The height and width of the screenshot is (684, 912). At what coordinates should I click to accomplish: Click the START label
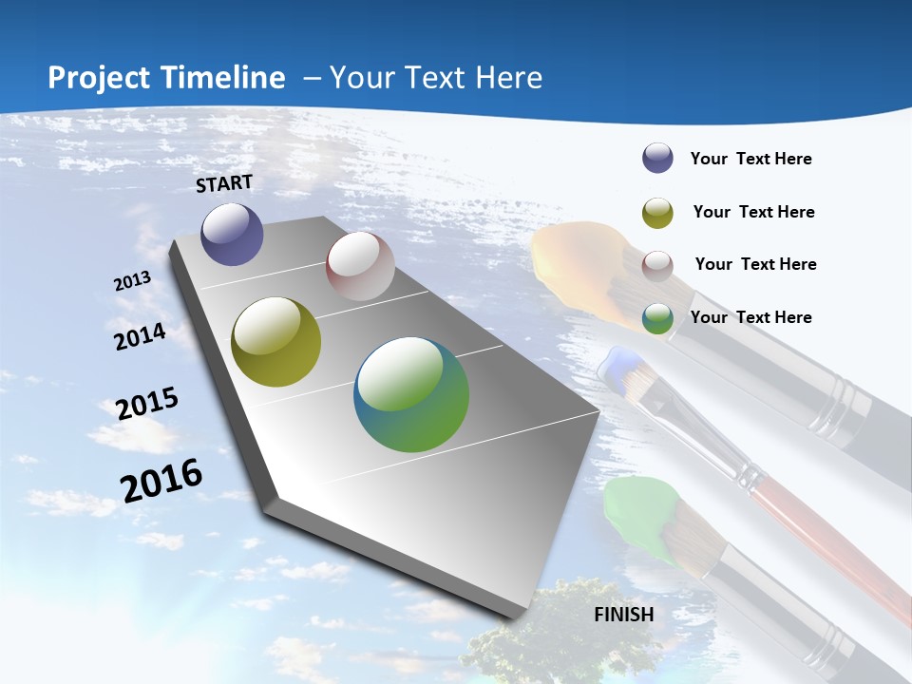point(224,183)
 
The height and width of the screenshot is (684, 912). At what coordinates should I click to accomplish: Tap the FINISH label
point(624,615)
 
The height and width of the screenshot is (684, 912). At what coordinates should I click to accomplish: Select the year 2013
point(133,280)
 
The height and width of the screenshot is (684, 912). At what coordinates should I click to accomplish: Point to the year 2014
point(141,336)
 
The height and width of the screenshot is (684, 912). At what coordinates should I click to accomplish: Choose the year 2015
point(147,404)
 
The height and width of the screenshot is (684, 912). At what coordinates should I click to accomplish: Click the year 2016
point(161,481)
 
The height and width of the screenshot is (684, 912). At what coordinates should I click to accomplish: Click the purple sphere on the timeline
point(232,234)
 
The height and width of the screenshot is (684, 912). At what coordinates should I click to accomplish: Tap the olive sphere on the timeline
point(275,342)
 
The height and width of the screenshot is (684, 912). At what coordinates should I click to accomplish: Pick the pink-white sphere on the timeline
point(360,266)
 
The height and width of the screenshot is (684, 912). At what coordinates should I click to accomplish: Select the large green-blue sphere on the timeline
point(411,394)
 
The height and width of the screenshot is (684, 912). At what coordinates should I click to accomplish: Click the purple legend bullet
point(657,159)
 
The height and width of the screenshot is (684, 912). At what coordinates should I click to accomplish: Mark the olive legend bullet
point(657,213)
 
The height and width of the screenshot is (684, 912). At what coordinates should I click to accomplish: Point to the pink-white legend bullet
point(657,266)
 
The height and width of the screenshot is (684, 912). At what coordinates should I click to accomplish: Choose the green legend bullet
point(657,319)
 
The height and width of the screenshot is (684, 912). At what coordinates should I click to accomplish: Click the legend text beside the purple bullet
point(750,159)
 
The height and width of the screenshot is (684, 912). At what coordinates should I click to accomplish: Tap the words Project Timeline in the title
point(166,78)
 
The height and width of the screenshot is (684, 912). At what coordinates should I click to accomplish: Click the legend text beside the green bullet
point(750,317)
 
